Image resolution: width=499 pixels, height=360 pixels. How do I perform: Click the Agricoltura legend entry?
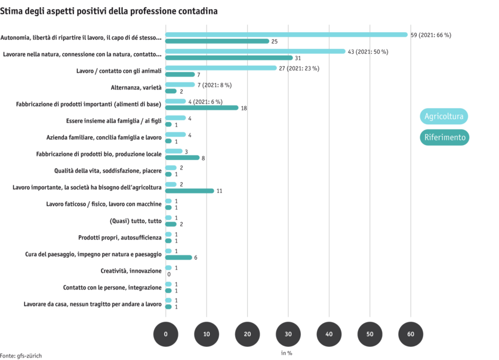point(443,116)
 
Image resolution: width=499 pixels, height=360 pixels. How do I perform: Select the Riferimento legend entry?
point(444,137)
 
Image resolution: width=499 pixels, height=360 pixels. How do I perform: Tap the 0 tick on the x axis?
point(165,334)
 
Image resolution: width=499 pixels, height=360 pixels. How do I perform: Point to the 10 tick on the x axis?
point(207,334)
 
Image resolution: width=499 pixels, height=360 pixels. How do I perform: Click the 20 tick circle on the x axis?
point(247,334)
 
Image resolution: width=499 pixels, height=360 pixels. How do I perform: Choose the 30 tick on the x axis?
point(288,334)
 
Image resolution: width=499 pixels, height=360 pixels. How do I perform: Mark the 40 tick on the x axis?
point(329,334)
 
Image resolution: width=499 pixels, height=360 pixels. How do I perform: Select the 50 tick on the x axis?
point(369,334)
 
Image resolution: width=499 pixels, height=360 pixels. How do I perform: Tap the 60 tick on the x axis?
point(411,334)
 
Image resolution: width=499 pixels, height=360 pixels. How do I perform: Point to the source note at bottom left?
point(21,355)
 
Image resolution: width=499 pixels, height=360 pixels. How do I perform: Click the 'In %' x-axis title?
point(287,353)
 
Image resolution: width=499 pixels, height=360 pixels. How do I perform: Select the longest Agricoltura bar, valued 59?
point(287,35)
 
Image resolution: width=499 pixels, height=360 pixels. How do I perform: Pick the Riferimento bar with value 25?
point(217,41)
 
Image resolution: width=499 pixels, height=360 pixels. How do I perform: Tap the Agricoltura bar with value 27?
point(221,68)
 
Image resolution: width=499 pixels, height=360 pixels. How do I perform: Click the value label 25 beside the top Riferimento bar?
point(275,42)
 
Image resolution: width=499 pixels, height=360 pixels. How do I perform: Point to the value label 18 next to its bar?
point(244,108)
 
